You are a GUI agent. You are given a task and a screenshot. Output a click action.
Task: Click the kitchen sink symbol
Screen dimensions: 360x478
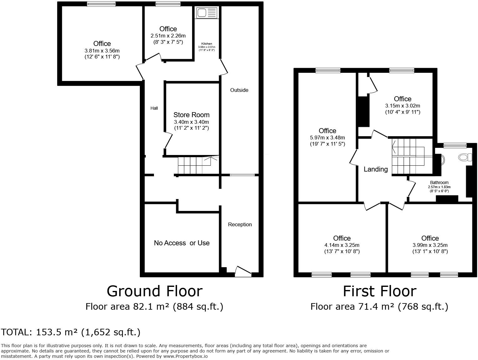click(x=206, y=13)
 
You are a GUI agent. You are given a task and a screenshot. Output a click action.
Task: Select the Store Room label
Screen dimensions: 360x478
click(x=191, y=115)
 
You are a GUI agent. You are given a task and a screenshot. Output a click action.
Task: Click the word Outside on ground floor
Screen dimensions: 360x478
click(x=239, y=90)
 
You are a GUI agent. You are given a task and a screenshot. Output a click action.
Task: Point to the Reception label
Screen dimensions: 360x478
click(x=240, y=224)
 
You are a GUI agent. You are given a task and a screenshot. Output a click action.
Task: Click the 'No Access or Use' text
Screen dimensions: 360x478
click(x=181, y=243)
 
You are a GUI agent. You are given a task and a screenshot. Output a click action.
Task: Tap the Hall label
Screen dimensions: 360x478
click(x=154, y=108)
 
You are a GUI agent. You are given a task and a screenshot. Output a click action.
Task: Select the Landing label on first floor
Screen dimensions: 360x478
click(x=375, y=169)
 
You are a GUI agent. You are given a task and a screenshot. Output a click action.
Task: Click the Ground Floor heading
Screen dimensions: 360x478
click(x=155, y=291)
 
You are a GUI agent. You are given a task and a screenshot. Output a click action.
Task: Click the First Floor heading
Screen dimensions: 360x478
click(x=379, y=291)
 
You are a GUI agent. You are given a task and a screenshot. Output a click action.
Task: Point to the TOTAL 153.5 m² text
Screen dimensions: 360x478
click(x=71, y=332)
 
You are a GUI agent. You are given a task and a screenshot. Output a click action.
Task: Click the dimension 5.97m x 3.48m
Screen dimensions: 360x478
click(x=327, y=137)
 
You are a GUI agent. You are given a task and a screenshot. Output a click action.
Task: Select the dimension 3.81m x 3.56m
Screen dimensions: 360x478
click(x=102, y=51)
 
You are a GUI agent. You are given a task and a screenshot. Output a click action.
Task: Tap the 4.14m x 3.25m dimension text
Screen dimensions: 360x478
click(x=342, y=245)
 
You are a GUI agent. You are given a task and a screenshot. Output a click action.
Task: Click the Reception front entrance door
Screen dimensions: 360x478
click(x=243, y=272)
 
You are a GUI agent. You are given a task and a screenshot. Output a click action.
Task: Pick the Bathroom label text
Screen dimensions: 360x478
click(x=439, y=182)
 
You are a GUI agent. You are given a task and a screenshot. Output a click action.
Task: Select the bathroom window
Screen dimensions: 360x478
click(x=455, y=145)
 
